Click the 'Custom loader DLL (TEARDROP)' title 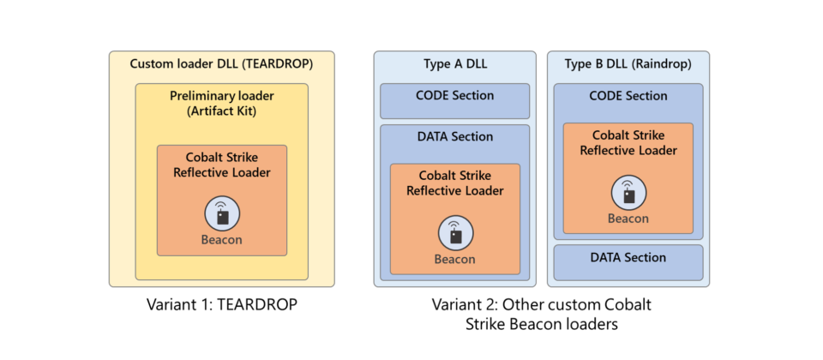click(x=221, y=63)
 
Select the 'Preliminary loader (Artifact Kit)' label click(x=221, y=105)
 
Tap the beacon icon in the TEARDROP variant click(x=222, y=213)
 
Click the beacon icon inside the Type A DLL click(x=454, y=232)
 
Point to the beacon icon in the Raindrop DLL click(x=628, y=192)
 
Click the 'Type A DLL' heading click(x=454, y=63)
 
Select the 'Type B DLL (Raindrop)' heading click(x=628, y=63)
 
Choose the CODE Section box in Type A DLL click(x=454, y=100)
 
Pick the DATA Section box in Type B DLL click(x=628, y=262)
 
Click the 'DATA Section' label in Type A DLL click(x=454, y=136)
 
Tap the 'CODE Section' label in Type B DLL click(x=628, y=96)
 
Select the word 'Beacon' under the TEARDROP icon click(x=222, y=240)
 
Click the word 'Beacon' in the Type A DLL click(x=454, y=259)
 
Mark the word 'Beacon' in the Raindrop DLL click(x=628, y=218)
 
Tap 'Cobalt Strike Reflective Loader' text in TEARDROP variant click(x=222, y=165)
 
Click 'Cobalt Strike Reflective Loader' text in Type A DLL click(x=454, y=183)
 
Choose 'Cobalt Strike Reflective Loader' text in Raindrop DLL click(x=628, y=142)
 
